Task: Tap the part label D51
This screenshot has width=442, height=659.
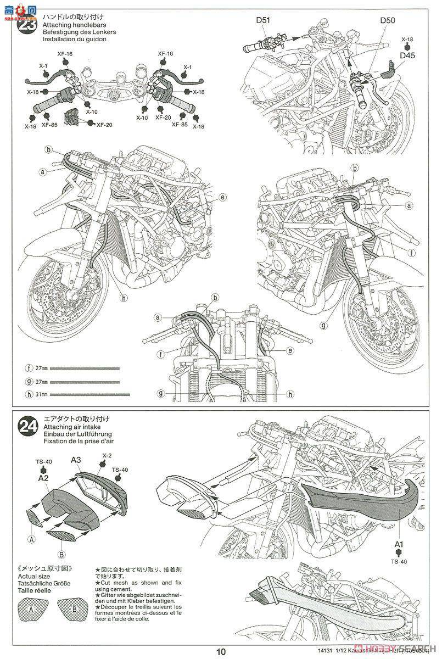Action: coord(263,21)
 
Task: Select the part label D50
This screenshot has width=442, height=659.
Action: coord(387,21)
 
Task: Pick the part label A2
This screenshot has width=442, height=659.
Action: coord(44,478)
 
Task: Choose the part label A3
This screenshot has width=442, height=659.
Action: coord(76,460)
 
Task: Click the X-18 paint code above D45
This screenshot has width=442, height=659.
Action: coord(407,40)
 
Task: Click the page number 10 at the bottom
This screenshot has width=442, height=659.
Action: coord(220,652)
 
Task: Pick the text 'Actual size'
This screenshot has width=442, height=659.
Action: coord(34,577)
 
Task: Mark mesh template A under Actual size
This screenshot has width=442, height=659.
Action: coord(31,610)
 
